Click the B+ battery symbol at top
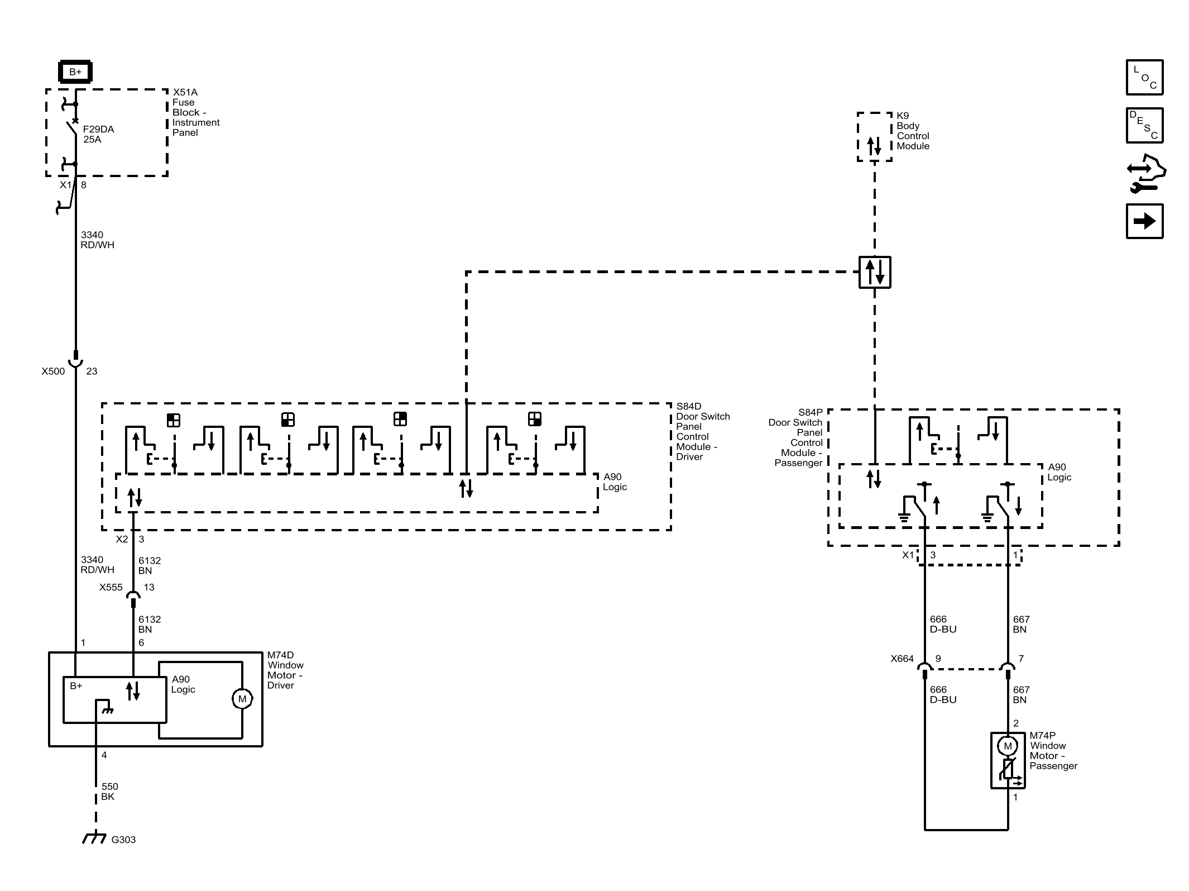[x=75, y=72]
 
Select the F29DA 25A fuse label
[x=98, y=134]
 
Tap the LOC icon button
[x=1144, y=77]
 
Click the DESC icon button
[x=1144, y=125]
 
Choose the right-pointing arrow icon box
[x=1144, y=221]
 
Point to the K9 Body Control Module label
[x=913, y=131]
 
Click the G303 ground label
[x=123, y=840]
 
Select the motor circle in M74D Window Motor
[x=242, y=699]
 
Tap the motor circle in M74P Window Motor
[x=1008, y=746]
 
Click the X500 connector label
[x=53, y=371]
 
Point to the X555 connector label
[x=111, y=587]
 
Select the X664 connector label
[x=902, y=659]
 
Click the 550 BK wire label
[x=109, y=792]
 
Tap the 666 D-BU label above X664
[x=943, y=624]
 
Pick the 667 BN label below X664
[x=1021, y=694]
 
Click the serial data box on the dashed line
[x=875, y=272]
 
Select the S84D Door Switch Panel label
[x=703, y=431]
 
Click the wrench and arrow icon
[x=1145, y=174]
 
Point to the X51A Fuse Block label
[x=196, y=112]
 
